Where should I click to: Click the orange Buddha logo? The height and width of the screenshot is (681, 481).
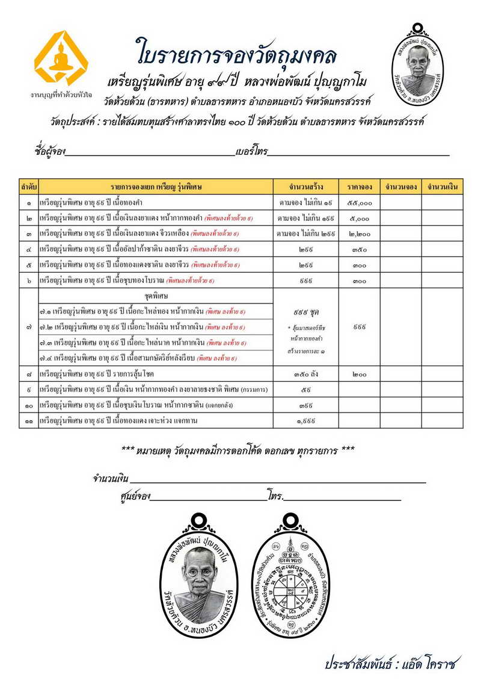click(x=61, y=58)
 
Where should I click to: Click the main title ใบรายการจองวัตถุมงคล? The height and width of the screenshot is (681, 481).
click(x=236, y=52)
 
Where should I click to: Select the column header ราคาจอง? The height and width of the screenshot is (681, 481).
click(x=358, y=187)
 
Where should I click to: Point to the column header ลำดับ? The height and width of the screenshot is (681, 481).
click(x=29, y=187)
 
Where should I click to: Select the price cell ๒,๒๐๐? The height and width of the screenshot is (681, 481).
click(x=358, y=233)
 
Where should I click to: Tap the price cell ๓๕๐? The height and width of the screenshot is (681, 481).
click(x=358, y=248)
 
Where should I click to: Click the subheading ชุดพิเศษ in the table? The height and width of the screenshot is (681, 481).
click(x=156, y=296)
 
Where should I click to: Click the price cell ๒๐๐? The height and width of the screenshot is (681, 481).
click(x=358, y=374)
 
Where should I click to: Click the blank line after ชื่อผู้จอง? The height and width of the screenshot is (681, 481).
click(x=150, y=152)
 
